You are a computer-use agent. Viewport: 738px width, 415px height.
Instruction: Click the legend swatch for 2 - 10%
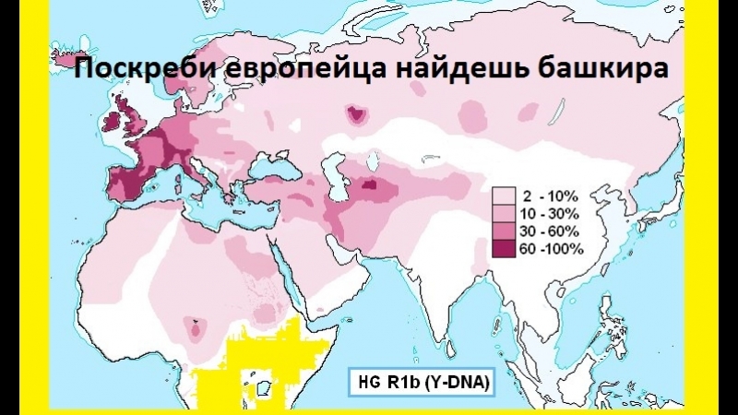point(504,196)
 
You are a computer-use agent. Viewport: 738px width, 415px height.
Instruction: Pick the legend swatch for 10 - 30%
point(504,213)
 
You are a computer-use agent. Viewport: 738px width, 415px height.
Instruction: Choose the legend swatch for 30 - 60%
point(504,231)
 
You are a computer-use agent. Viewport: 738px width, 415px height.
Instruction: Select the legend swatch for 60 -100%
point(504,248)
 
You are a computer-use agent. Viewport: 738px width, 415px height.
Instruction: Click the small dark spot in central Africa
point(195,326)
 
